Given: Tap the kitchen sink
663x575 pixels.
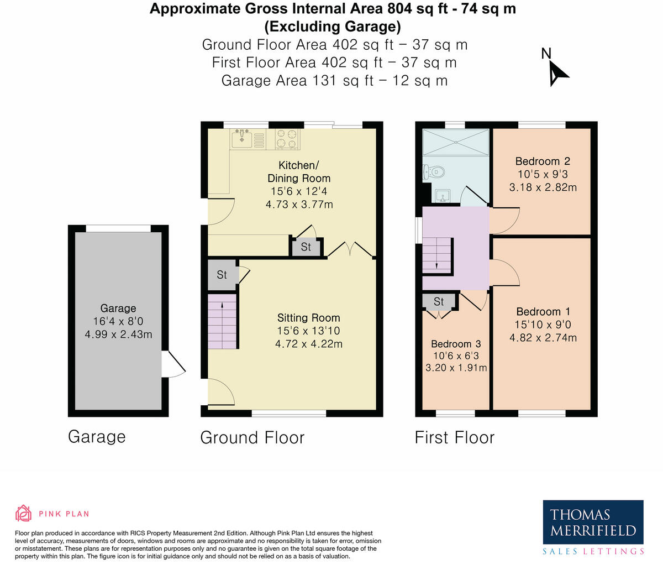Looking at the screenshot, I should [x=243, y=139].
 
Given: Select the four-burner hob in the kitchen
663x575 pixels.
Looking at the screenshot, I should [x=287, y=139].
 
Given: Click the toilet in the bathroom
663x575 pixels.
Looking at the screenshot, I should [x=434, y=172].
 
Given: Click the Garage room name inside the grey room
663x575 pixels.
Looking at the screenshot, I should [x=118, y=309].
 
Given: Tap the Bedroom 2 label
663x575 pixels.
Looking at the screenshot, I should [x=542, y=161].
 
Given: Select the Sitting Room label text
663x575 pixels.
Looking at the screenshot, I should [x=308, y=318].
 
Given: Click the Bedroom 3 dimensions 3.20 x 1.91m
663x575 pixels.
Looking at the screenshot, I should [x=456, y=368].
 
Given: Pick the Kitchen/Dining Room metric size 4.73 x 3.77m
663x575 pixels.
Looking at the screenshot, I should [x=299, y=205].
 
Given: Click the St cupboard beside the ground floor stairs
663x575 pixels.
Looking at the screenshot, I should [x=222, y=275].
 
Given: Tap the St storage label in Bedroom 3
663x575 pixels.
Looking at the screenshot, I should [x=439, y=302].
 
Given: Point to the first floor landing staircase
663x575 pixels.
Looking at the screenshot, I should [x=437, y=256].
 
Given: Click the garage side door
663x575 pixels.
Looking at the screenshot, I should [x=173, y=365].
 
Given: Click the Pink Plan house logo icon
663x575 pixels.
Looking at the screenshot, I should [x=23, y=514].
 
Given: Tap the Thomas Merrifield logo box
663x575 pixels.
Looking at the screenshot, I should [x=593, y=523].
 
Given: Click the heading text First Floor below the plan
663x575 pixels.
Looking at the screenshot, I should [x=454, y=437].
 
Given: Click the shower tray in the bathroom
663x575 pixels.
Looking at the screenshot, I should [x=456, y=142].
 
